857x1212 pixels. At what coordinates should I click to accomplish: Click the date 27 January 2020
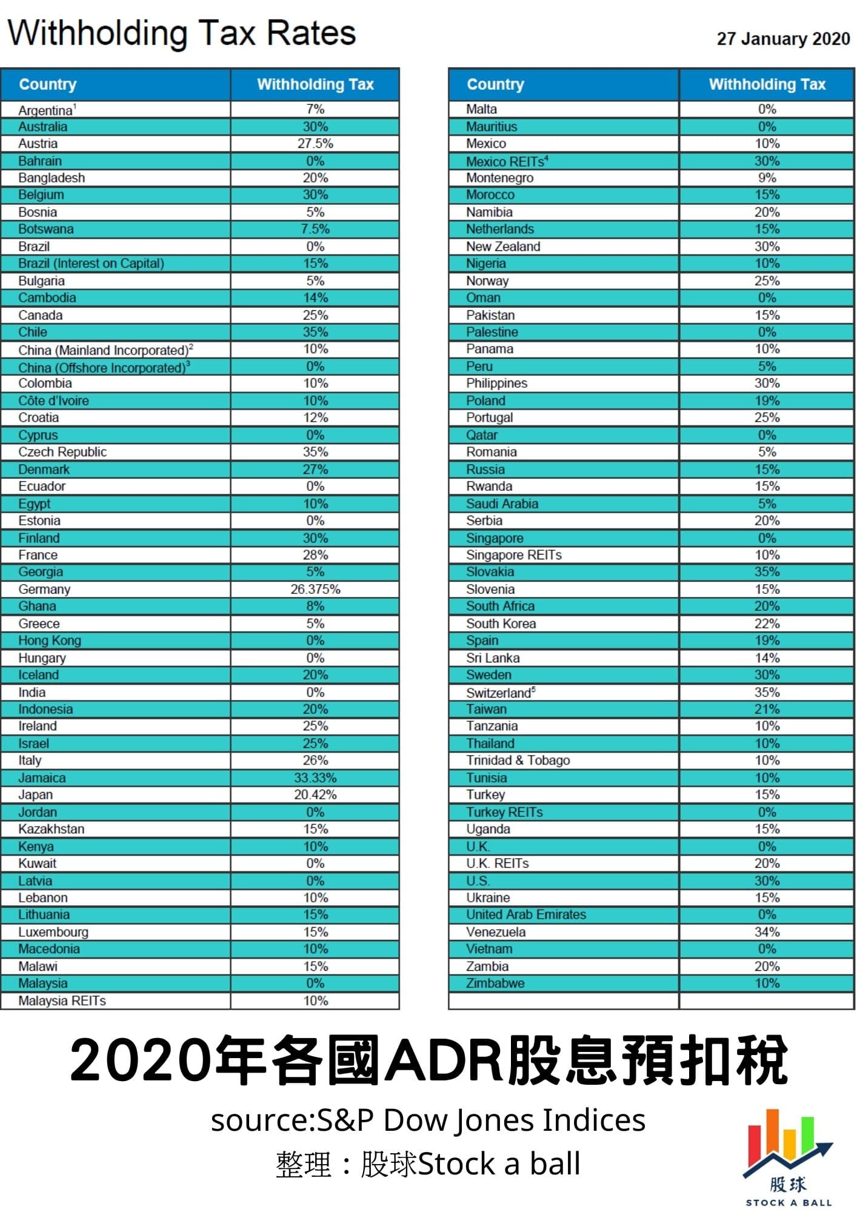tap(783, 39)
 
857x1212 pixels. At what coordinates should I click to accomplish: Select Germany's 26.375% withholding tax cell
tap(315, 589)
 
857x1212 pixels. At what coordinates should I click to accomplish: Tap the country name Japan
tap(35, 794)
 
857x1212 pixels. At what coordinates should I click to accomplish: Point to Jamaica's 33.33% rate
tap(315, 777)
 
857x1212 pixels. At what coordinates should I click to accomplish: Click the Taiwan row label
tap(486, 709)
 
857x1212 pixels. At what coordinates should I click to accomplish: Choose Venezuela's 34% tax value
tap(767, 932)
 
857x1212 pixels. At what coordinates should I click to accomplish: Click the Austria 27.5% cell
tap(315, 144)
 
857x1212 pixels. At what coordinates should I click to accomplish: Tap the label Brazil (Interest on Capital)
tap(91, 264)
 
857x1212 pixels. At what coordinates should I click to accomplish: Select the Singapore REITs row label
tap(513, 555)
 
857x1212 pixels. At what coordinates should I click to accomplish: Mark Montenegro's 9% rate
tap(767, 178)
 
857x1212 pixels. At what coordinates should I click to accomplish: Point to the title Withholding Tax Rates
tap(181, 33)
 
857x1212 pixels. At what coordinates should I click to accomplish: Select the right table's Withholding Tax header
tap(767, 84)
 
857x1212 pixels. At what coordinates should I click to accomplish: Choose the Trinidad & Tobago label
tap(518, 761)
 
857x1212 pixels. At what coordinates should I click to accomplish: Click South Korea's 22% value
tap(767, 624)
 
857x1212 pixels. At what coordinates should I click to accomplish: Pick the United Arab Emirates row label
tap(525, 914)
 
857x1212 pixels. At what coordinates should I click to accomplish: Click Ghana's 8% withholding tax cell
tap(315, 606)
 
